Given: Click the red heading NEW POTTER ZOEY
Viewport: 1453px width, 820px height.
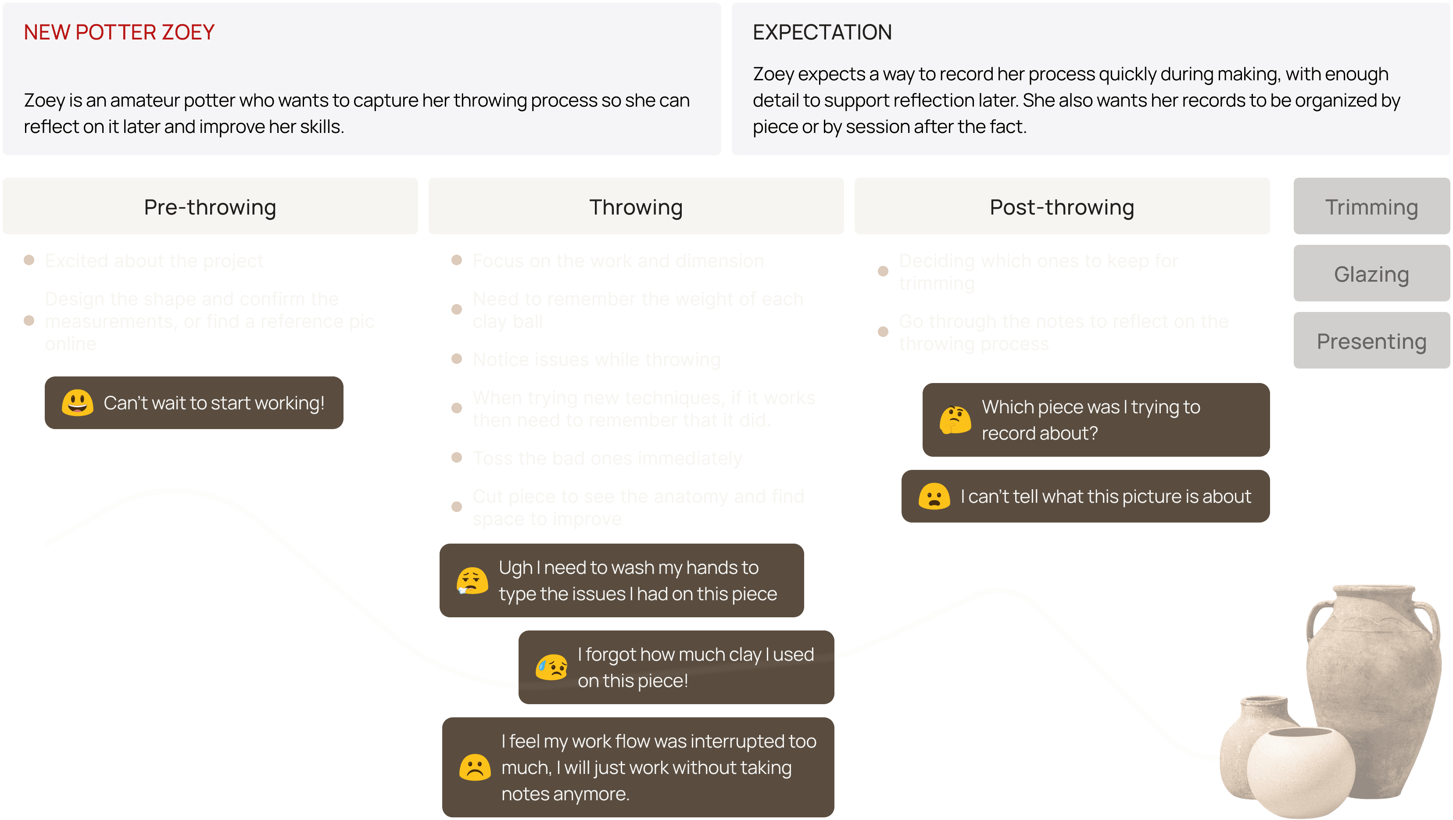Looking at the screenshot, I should [119, 32].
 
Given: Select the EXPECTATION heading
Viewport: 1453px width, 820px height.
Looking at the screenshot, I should [822, 32].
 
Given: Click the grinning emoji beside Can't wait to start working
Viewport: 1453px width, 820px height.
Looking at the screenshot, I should [77, 403].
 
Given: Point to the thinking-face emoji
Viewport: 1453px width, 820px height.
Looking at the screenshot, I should [954, 419].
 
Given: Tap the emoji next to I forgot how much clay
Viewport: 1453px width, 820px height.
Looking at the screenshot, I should [551, 667].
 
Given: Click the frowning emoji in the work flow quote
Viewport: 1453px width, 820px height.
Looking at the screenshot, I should [475, 767].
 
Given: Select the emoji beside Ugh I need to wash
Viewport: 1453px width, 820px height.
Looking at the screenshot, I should [472, 580].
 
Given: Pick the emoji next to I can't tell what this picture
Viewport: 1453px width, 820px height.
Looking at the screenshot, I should [934, 496].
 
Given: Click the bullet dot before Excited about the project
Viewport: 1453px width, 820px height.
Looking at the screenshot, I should [29, 260].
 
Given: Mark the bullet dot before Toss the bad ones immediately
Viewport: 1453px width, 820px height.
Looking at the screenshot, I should [457, 457].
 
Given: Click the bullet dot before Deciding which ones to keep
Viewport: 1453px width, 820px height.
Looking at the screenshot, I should [883, 271].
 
